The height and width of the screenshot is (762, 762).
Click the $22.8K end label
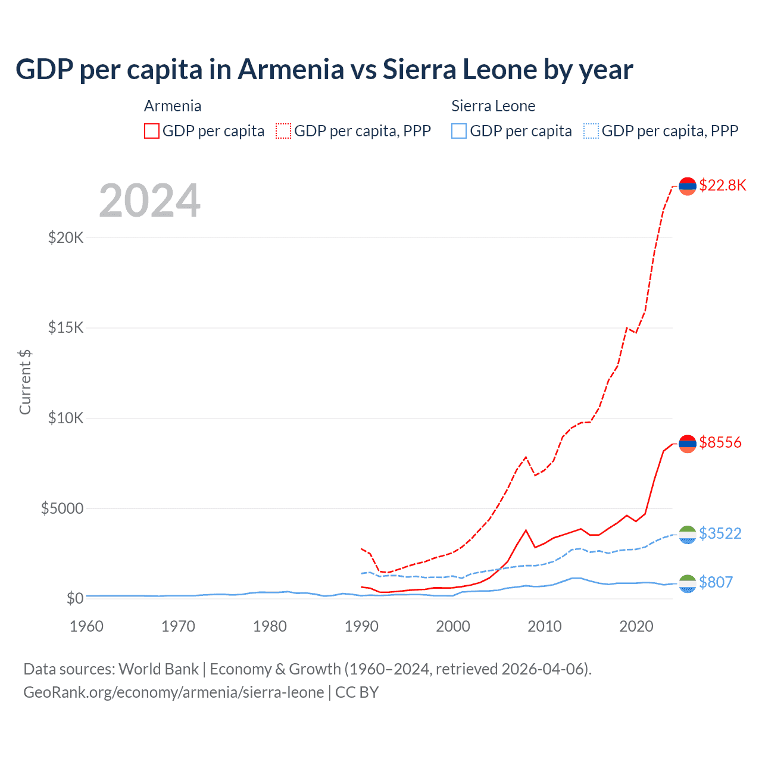tap(722, 185)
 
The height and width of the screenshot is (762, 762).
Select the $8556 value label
tap(720, 442)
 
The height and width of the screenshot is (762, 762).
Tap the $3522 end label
tap(720, 533)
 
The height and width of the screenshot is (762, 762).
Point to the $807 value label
tap(716, 582)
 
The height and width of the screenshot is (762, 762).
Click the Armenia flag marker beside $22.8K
tap(688, 186)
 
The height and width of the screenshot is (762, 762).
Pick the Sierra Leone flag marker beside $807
tap(688, 583)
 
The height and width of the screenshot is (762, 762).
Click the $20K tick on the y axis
tap(66, 238)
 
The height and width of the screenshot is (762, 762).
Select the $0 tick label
tap(74, 598)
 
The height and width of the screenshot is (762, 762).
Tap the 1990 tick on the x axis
tap(361, 626)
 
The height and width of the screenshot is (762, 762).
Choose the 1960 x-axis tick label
tap(87, 626)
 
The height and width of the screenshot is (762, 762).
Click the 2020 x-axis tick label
tap(636, 626)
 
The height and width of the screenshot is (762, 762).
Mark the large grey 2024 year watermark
tap(149, 201)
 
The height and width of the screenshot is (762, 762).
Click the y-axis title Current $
tap(25, 382)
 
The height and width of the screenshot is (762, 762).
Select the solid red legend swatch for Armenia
tap(152, 131)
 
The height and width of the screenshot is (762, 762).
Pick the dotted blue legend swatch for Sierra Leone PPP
tap(591, 131)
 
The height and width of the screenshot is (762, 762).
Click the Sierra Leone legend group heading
tap(493, 106)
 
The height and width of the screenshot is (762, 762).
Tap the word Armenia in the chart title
tap(291, 69)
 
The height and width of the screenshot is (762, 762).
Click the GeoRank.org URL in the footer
tap(173, 692)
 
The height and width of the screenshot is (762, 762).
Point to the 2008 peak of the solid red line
tap(526, 530)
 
